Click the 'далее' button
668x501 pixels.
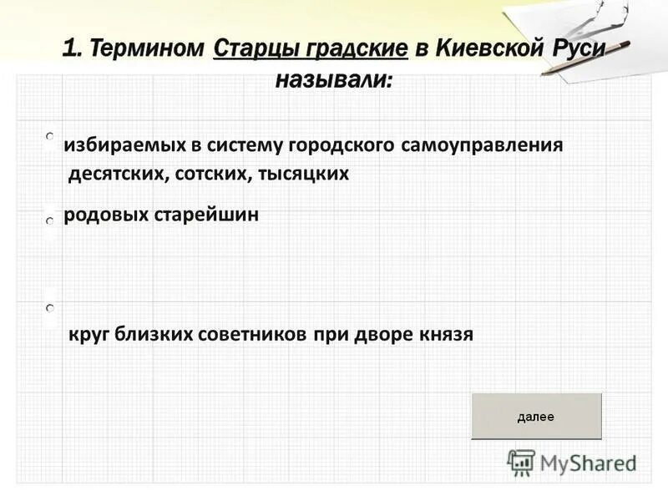point(536,416)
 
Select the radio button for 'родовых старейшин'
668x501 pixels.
point(50,220)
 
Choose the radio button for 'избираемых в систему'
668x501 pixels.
point(50,135)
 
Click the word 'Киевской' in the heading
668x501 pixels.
point(488,48)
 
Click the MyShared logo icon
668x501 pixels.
point(522,462)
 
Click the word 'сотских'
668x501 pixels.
point(214,174)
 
